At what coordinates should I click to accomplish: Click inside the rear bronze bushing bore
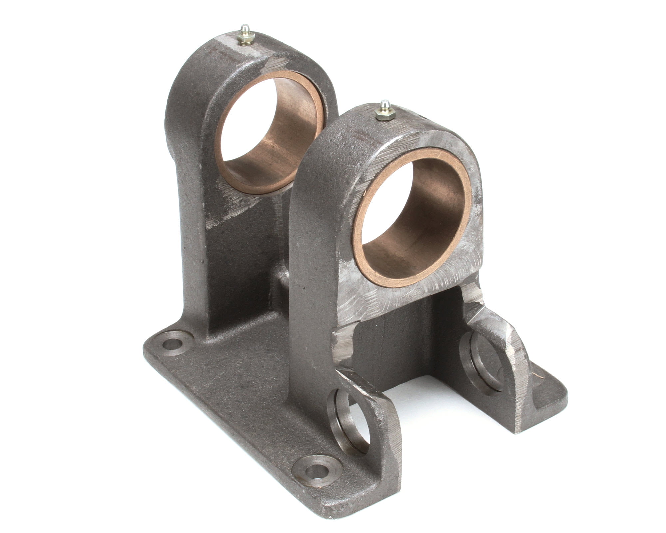pyautogui.click(x=270, y=133)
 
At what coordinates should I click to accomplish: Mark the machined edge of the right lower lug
pyautogui.click(x=519, y=383)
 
